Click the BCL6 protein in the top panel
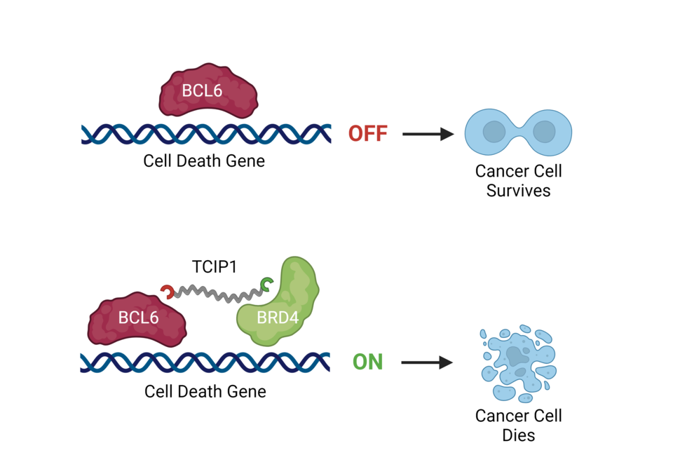tap(209, 91)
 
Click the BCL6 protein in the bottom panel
tap(137, 318)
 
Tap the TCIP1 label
tap(215, 268)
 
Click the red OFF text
tap(368, 133)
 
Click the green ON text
tap(367, 362)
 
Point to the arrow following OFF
tap(428, 133)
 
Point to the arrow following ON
tap(428, 362)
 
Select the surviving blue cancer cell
tap(519, 132)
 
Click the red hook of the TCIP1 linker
tap(167, 291)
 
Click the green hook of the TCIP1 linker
tap(266, 283)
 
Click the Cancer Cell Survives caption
tap(519, 180)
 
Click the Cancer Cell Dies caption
tap(519, 425)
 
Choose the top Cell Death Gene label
tap(204, 161)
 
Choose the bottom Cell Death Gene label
tap(205, 391)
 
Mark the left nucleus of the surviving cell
tap(494, 132)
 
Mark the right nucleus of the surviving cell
tap(544, 132)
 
